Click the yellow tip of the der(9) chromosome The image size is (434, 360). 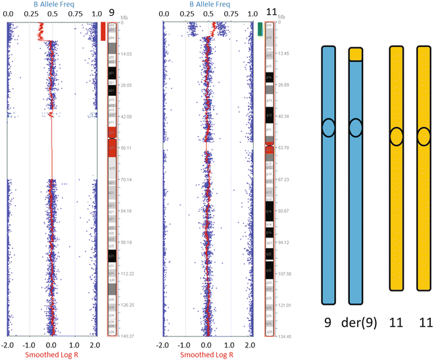click(356, 55)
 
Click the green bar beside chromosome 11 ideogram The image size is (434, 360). click(260, 28)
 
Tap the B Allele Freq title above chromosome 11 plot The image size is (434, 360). click(207, 5)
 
